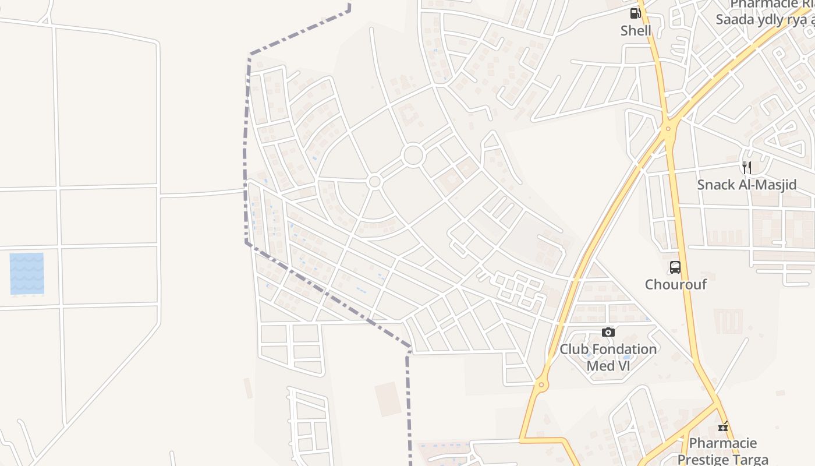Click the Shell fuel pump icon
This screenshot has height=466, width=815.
point(635,13)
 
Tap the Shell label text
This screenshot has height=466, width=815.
point(636,30)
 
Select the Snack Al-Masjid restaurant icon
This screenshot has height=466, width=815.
point(746,168)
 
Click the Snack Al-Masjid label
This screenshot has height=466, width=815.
point(747,185)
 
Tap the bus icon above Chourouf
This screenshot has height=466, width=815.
point(675,267)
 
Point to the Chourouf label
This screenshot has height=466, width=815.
point(675,284)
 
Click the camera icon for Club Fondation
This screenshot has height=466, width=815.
point(608,332)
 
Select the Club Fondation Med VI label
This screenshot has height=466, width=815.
point(608,357)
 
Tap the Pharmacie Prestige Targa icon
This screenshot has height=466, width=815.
point(723,427)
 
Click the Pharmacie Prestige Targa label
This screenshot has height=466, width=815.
point(723,451)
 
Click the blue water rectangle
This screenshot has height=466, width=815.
point(27,273)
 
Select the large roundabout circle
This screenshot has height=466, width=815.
point(413,156)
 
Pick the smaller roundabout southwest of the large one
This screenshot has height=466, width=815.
point(375,182)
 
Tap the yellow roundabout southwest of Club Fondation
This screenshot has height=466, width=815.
point(541,384)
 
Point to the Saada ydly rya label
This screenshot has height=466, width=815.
point(764,20)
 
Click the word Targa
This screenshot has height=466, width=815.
point(749,460)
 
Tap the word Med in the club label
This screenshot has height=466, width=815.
point(600,366)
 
